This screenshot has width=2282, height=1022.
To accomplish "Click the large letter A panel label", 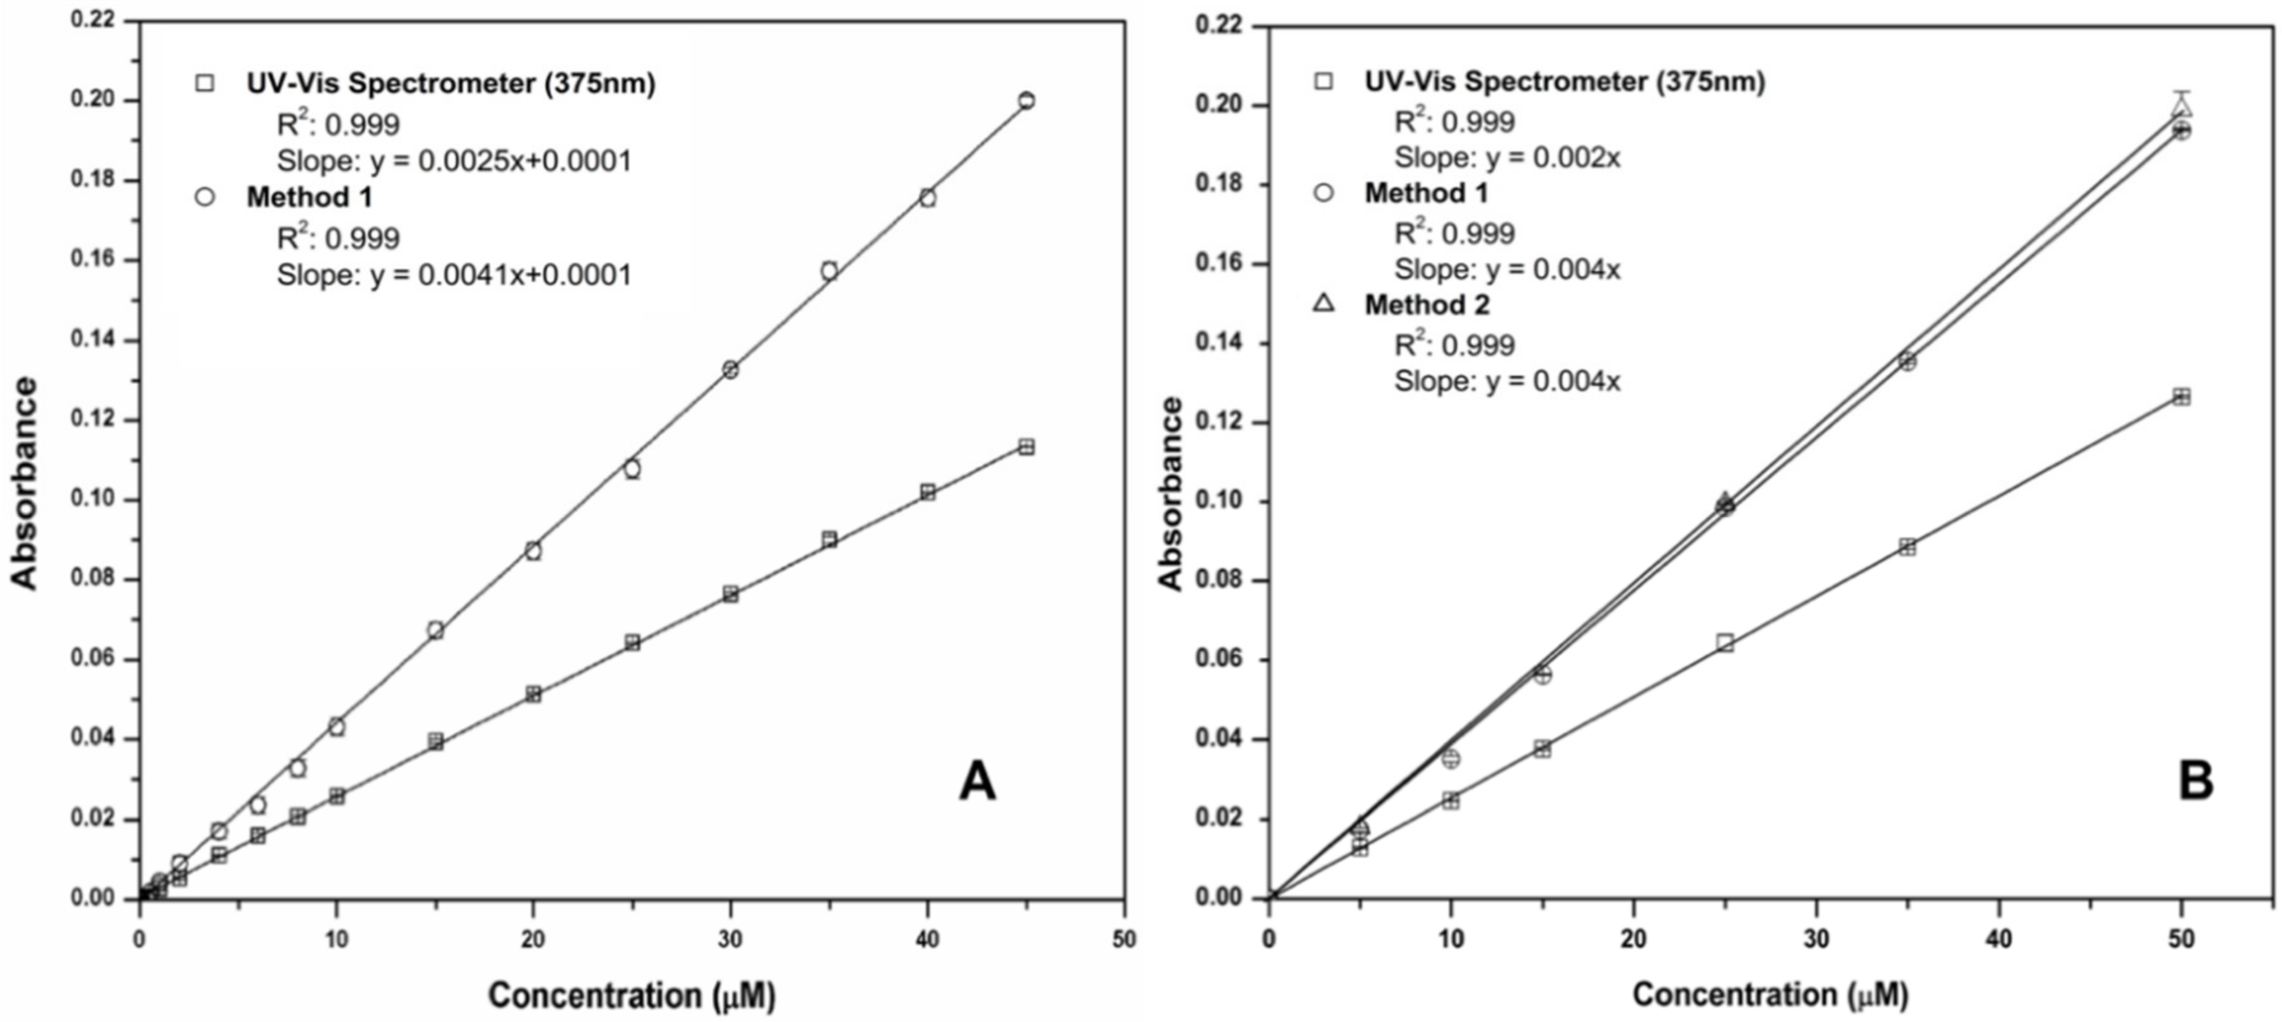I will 977,783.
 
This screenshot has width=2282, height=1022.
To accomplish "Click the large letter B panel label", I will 2196,781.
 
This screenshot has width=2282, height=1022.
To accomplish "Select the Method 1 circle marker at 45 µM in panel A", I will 1026,100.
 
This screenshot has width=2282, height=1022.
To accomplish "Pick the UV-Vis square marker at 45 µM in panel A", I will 1026,447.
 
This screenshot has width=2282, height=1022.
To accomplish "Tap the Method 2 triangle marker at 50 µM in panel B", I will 2181,108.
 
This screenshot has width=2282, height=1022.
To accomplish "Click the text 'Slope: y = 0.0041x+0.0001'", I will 455,276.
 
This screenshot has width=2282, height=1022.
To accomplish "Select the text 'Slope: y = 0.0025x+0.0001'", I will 455,161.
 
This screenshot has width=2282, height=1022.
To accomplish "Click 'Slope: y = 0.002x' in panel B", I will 1507,158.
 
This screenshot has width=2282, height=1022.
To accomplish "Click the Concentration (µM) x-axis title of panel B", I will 1770,994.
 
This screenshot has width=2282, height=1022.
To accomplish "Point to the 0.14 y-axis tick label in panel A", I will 92,340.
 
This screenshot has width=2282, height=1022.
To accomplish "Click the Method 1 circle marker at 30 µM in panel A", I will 730,369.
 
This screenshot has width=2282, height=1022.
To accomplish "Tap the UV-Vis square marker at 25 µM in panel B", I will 1725,642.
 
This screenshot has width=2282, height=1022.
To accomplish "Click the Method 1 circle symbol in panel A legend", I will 204,196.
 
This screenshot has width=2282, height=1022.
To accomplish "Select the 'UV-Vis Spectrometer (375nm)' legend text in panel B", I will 1565,82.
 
